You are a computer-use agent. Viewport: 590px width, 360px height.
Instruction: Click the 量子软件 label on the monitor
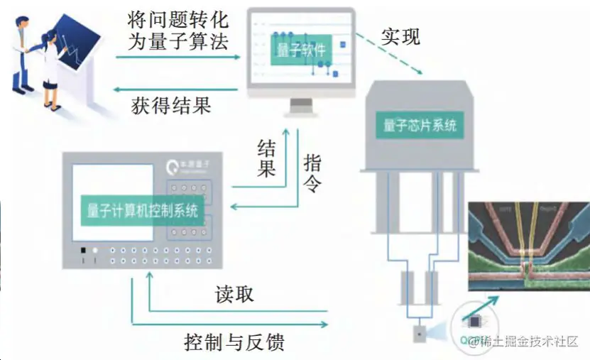point(302,51)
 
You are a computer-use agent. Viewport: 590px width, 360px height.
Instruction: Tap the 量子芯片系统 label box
point(420,126)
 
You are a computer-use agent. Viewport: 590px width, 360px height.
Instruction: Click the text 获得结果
point(171,107)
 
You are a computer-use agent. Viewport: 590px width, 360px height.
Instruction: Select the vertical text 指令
point(312,175)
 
